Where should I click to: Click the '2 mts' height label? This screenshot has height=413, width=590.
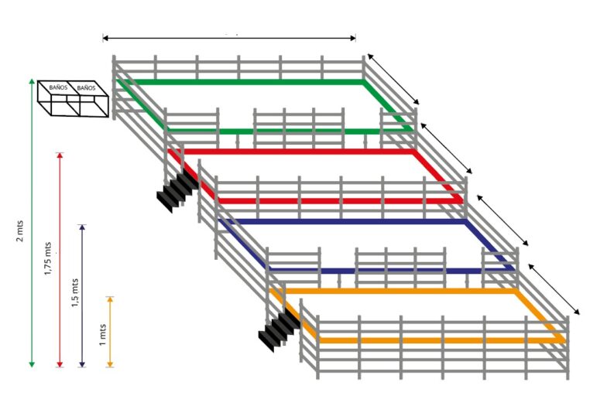20,230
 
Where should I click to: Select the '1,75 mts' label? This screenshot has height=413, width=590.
48,258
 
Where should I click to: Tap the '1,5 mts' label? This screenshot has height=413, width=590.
75,293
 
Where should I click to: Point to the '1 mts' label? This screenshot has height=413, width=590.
102,335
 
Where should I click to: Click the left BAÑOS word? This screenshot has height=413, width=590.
58,87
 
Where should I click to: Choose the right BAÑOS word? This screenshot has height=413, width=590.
86,88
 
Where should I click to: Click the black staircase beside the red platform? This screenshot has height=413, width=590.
177,190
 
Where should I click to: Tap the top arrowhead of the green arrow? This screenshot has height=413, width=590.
32,82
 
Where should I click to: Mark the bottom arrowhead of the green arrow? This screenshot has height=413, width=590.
32,364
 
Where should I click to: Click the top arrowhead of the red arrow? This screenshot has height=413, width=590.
60,155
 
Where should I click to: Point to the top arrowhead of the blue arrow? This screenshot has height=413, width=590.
82,227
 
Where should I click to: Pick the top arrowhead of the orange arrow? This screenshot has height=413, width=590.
110,299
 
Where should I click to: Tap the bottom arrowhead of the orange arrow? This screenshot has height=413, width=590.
110,364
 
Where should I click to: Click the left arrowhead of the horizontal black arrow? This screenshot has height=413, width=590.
105,38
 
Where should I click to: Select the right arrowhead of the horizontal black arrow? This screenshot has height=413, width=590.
353,38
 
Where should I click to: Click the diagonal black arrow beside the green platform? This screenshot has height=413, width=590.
393,80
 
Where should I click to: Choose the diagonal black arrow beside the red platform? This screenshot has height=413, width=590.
446,148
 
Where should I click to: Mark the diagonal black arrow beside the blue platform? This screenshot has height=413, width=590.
503,220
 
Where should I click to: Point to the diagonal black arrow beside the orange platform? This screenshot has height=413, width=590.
554,289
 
